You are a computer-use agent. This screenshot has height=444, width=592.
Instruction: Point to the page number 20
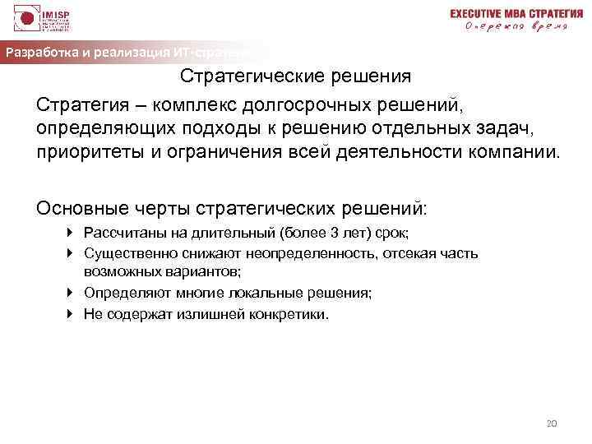pos(552,423)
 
